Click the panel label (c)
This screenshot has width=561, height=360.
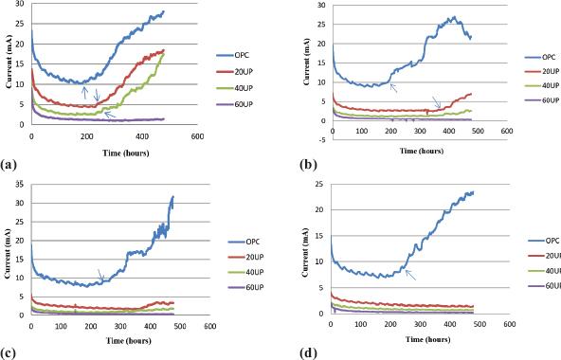coord(9,353)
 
